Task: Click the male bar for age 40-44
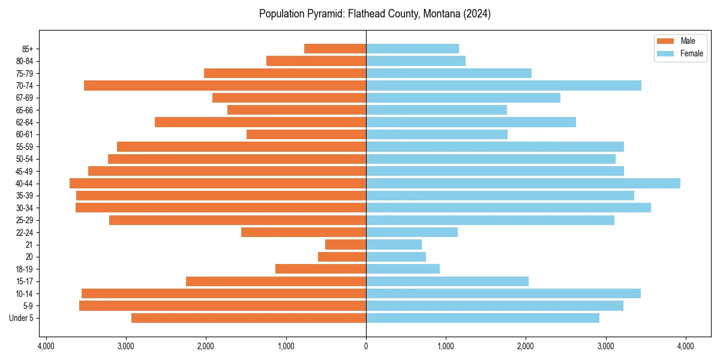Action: pos(218,184)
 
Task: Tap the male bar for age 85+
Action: pos(335,49)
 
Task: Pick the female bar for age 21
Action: pos(394,245)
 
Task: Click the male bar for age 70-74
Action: pos(225,86)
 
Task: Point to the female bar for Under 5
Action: pos(482,318)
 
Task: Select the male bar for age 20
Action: pos(342,257)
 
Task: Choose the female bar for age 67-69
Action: pos(463,98)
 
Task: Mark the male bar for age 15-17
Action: pos(276,281)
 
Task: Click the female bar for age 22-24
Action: pos(412,232)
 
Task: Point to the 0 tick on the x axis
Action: pos(366,346)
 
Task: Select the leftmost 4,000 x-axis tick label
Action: pos(46,346)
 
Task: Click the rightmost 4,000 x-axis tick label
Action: pos(686,346)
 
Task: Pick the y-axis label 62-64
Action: pos(24,122)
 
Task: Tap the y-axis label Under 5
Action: pos(22,318)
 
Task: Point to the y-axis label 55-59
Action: pos(24,147)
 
